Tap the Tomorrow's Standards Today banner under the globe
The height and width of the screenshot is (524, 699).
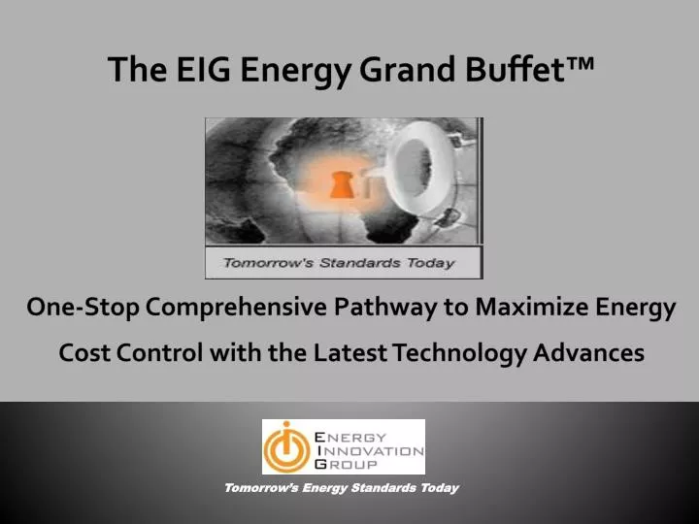(343, 262)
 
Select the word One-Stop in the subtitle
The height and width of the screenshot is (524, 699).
(83, 309)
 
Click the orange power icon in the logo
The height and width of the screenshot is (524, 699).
(285, 447)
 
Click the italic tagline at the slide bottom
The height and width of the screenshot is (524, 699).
(341, 488)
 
